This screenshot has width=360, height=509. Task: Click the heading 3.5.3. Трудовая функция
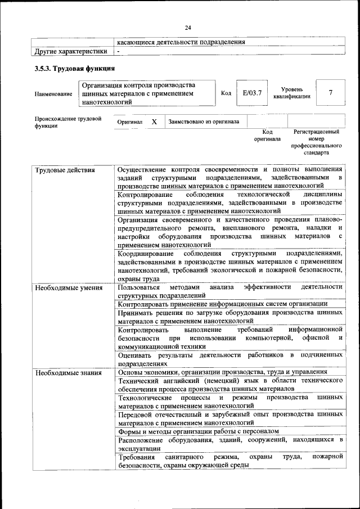pos(75,69)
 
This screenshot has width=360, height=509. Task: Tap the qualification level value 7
pos(330,93)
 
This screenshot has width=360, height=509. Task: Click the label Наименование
pos(53,94)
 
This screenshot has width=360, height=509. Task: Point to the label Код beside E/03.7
pos(226,93)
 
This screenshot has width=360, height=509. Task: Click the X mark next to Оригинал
pos(154,121)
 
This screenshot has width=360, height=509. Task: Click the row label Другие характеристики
pos(71,52)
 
